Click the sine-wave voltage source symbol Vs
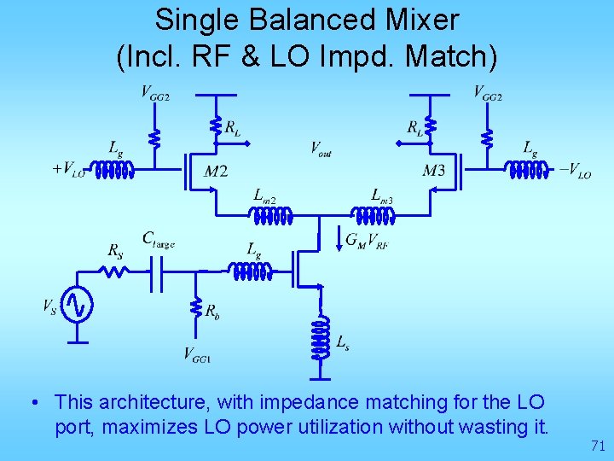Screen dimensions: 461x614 [78, 305]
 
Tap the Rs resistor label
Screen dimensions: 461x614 [115, 251]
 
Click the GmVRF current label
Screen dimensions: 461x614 [368, 241]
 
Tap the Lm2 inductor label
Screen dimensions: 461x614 [265, 195]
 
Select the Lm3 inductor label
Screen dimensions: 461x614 [381, 195]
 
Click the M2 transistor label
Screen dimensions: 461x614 [216, 171]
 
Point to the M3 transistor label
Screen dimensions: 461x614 [433, 171]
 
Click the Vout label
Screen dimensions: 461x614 [321, 149]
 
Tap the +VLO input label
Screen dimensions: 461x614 [69, 168]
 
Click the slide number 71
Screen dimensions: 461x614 [597, 445]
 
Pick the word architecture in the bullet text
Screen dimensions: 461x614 [150, 401]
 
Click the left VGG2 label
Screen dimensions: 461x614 [155, 93]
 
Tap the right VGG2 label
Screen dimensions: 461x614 [488, 93]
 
